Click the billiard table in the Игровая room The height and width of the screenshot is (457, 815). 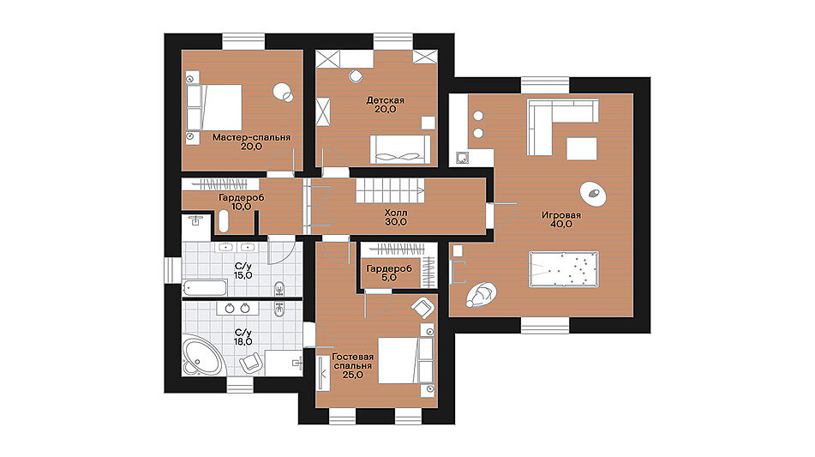(x=563, y=268)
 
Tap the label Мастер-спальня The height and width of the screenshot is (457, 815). (x=252, y=137)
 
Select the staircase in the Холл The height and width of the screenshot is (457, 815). (x=390, y=191)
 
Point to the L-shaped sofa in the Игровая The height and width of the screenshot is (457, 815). (x=551, y=119)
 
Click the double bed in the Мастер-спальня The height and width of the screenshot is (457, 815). (x=222, y=107)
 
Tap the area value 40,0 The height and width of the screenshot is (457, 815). (x=561, y=224)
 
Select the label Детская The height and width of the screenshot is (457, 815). (x=385, y=99)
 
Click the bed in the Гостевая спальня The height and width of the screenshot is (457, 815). (x=399, y=360)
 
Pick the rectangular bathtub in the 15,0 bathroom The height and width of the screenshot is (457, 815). (x=205, y=288)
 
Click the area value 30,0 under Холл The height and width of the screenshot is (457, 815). (x=396, y=222)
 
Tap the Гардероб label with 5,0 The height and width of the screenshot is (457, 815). (x=389, y=268)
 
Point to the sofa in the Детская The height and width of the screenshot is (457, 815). (x=400, y=150)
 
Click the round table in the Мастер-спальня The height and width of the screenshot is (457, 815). (x=282, y=93)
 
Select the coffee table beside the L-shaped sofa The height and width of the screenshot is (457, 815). (x=582, y=148)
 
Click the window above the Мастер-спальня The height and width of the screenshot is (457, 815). (x=243, y=42)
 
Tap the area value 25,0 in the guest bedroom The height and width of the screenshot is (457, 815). (x=352, y=375)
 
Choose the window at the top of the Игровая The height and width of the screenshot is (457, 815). (x=545, y=85)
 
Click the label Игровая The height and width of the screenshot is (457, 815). (x=561, y=214)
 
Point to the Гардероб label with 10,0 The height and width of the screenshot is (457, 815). (x=241, y=197)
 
